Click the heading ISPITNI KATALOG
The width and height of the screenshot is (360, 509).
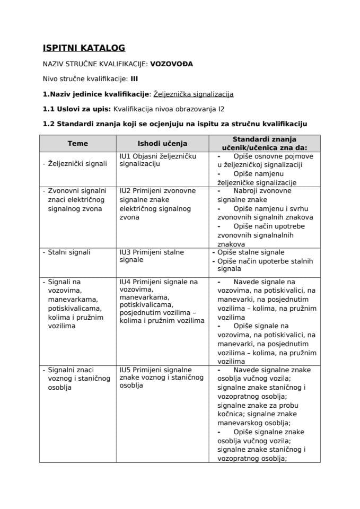click(x=84, y=48)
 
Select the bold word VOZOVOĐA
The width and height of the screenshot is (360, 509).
click(x=172, y=64)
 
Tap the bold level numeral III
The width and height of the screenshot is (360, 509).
click(x=134, y=79)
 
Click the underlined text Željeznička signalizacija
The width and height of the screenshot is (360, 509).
click(x=193, y=94)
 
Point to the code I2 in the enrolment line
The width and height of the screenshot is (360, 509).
click(x=221, y=109)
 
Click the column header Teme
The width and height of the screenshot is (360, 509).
click(x=77, y=143)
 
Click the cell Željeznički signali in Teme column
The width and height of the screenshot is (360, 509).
click(x=76, y=164)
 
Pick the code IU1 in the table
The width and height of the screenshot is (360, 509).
click(x=126, y=156)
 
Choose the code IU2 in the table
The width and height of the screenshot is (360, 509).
click(x=126, y=190)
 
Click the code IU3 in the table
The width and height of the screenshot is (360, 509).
click(x=126, y=252)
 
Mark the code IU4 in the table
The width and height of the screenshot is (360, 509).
click(x=126, y=282)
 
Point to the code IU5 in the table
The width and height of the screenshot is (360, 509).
click(x=126, y=370)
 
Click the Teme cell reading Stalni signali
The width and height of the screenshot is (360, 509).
click(x=69, y=252)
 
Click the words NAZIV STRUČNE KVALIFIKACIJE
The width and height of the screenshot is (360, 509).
click(x=95, y=64)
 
